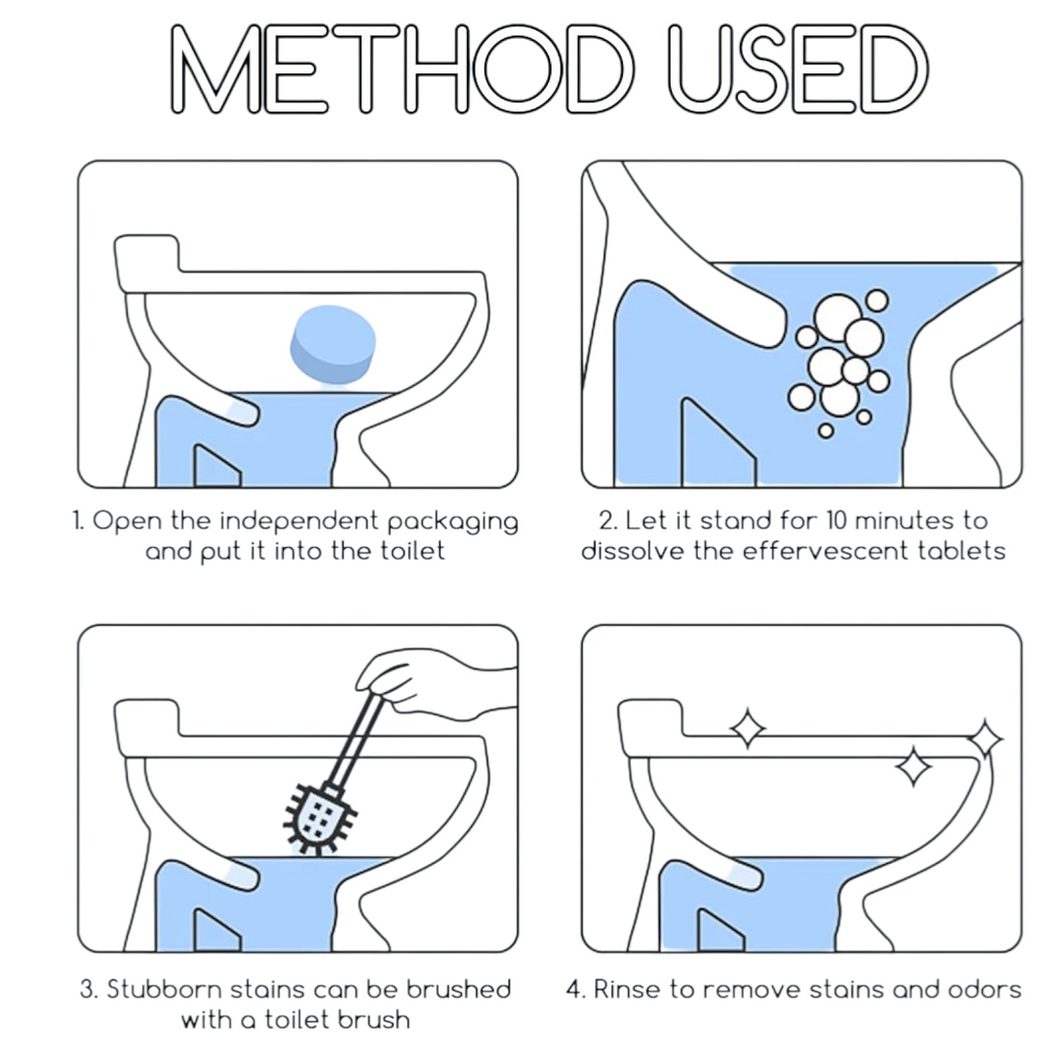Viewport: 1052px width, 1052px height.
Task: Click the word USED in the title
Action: tap(799, 68)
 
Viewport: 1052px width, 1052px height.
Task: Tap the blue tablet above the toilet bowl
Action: tap(332, 344)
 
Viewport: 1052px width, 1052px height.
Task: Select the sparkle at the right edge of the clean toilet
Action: tap(985, 739)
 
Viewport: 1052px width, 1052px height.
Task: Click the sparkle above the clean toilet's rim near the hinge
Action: tap(748, 727)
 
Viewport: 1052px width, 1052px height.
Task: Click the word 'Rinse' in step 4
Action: tap(627, 990)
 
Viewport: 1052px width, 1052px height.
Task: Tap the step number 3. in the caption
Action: tap(90, 990)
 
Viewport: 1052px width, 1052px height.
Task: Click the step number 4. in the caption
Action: tap(576, 990)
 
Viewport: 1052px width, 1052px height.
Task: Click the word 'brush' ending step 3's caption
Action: tap(373, 1020)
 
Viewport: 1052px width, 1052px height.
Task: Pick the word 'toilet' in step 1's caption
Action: tap(412, 551)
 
